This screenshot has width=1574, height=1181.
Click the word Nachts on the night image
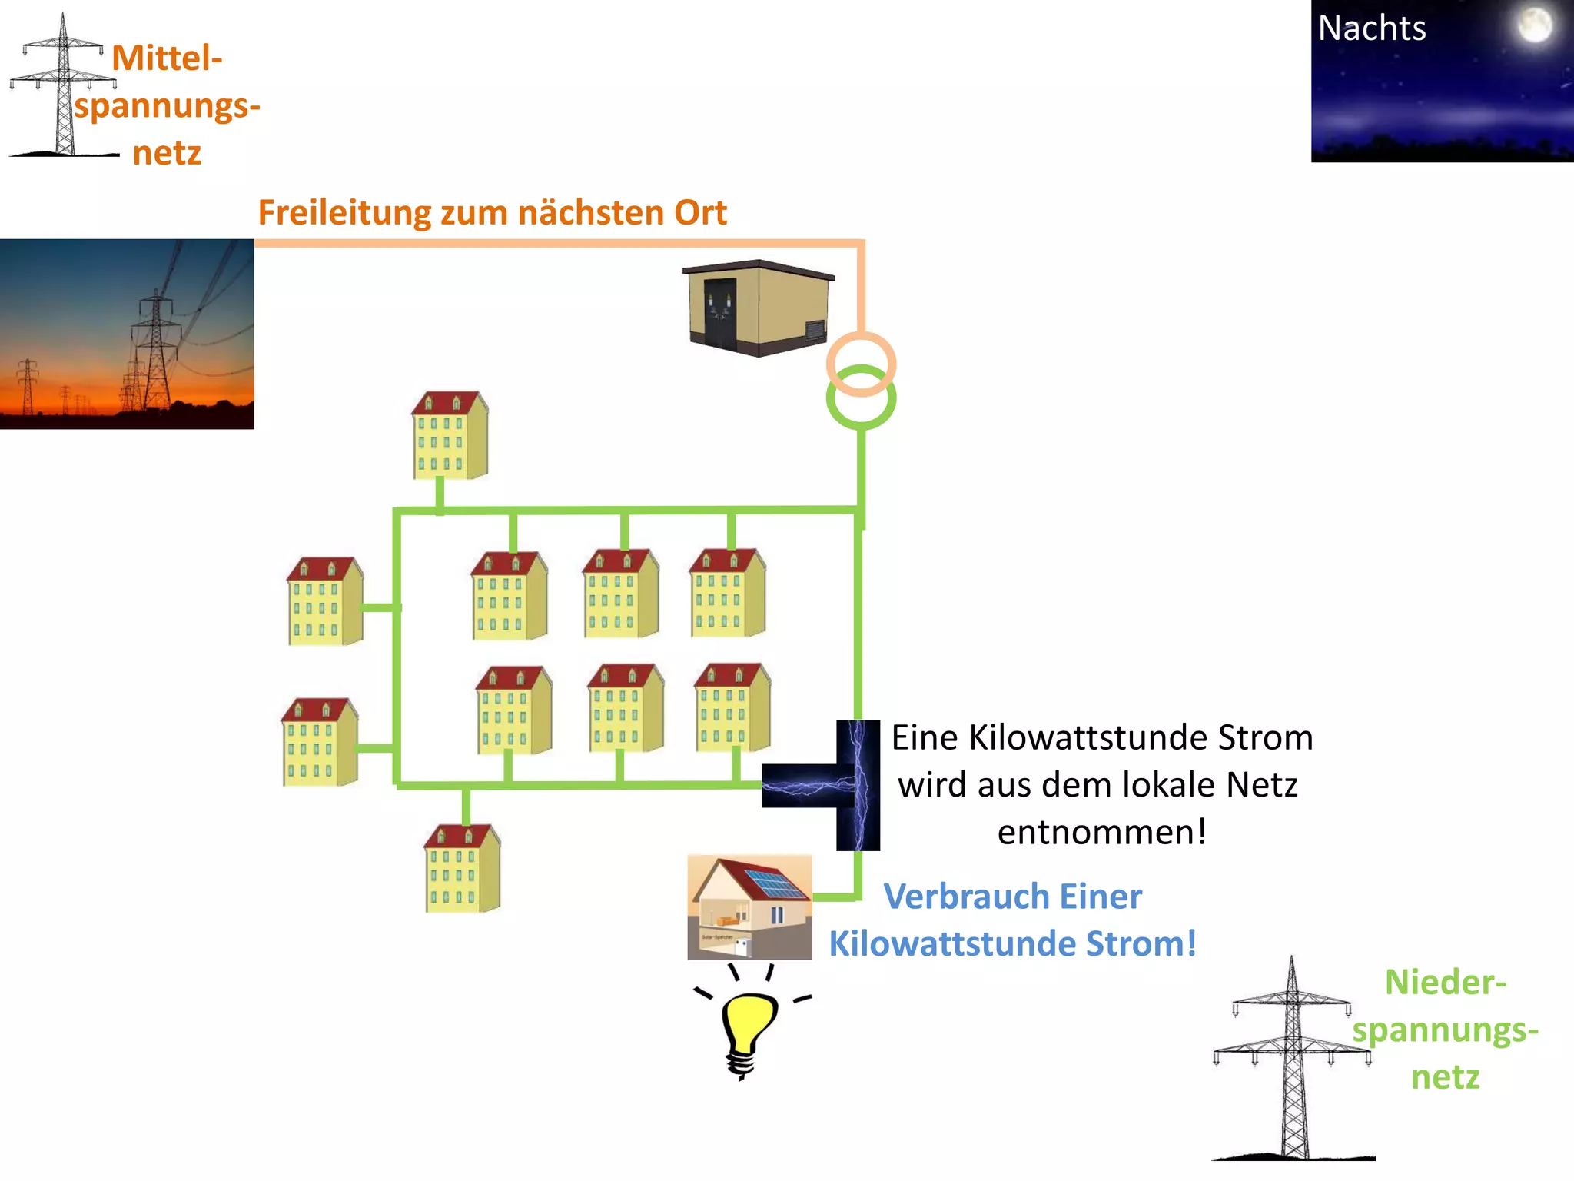1371,28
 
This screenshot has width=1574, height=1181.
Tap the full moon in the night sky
1534,25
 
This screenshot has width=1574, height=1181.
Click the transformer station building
758,308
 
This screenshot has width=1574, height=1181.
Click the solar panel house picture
749,907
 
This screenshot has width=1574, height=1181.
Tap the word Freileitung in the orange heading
344,213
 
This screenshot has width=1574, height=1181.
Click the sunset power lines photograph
127,334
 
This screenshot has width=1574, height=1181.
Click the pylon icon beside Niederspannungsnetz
1293,1061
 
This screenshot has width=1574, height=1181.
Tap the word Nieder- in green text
1444,983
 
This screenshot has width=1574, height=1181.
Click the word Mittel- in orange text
167,58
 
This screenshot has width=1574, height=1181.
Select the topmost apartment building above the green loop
450,436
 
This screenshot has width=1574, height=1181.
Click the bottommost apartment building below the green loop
462,869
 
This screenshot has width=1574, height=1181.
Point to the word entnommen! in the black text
1101,833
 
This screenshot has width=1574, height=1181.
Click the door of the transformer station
719,315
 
